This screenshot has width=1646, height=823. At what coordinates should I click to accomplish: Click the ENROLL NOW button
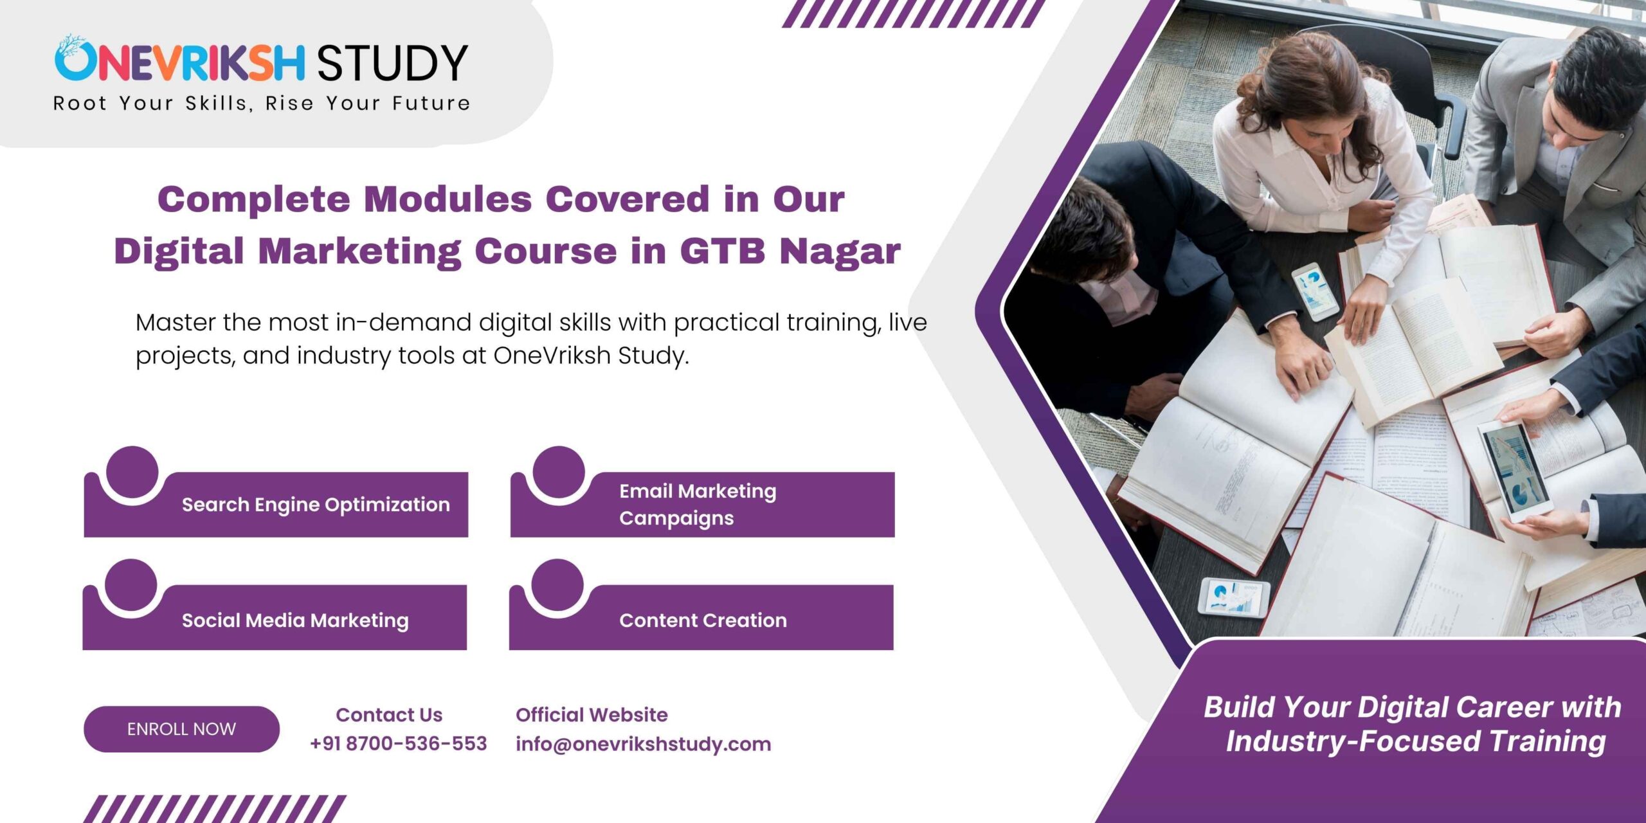coord(181,729)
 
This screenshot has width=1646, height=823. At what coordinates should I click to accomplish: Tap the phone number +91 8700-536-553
coord(398,744)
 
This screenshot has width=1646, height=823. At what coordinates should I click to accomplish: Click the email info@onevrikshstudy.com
coord(643,745)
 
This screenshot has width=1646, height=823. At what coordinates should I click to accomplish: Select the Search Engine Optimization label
coord(316,505)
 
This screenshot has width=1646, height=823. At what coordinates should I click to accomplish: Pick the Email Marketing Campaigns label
coord(698,505)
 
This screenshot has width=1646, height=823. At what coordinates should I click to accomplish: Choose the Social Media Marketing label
coord(295,620)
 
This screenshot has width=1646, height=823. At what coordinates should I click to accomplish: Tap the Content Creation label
coord(703,620)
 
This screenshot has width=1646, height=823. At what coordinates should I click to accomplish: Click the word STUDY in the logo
coord(392,63)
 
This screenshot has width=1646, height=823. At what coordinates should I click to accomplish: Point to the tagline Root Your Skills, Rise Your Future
coord(262,104)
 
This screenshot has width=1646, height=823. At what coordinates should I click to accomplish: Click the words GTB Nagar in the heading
coord(790,251)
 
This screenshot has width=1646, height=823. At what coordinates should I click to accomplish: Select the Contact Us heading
coord(389,714)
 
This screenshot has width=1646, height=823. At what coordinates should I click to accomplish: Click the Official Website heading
coord(592,714)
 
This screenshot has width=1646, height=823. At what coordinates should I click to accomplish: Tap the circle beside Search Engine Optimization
coord(132,472)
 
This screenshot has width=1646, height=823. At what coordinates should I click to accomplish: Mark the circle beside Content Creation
coord(557,585)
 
